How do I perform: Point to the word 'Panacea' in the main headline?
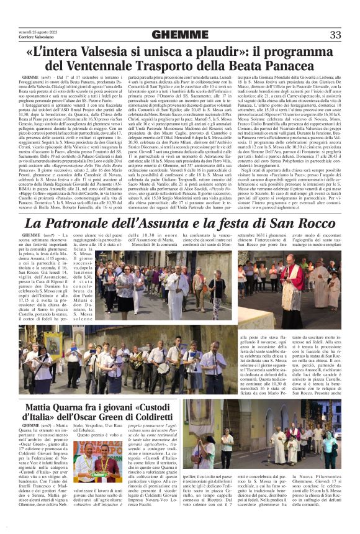[305, 65]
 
